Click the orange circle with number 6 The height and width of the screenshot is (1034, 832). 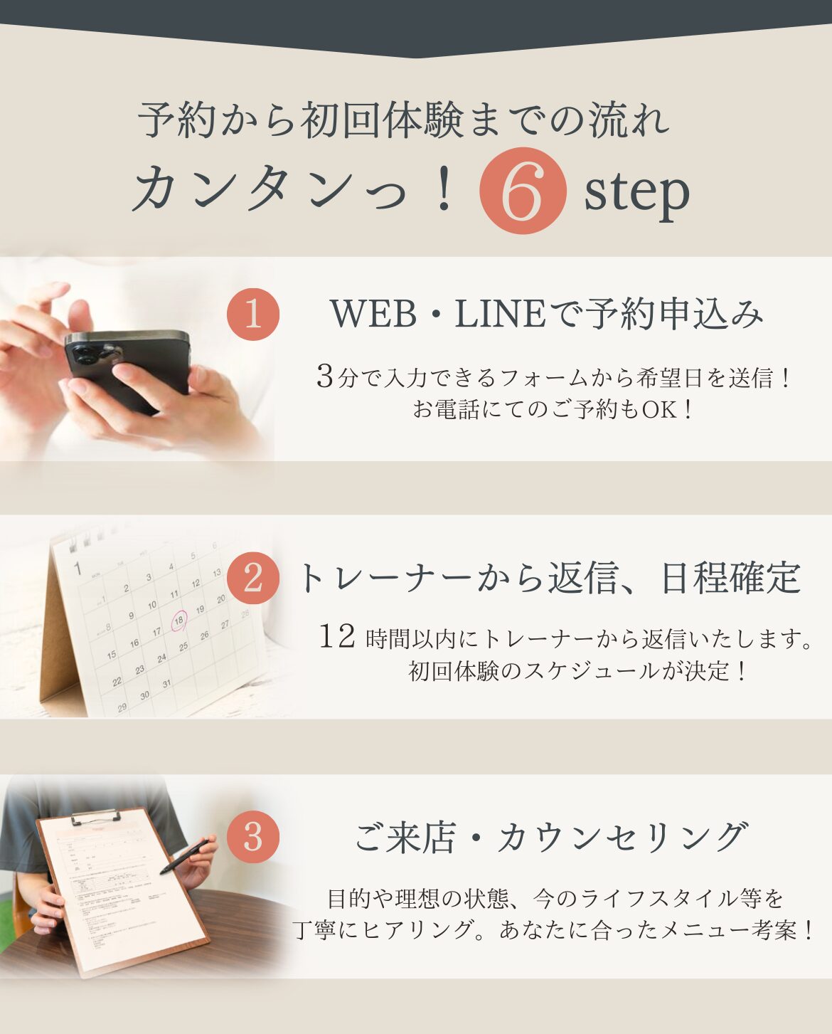coord(523,191)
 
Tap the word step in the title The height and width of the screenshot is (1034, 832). coord(637,194)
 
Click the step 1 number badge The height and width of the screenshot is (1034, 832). coord(253,315)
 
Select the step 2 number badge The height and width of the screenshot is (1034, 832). coord(253,578)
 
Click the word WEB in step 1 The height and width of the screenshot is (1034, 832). coord(373,315)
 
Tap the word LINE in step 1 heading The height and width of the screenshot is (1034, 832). coord(500,315)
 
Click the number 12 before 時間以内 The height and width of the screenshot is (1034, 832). coord(337,637)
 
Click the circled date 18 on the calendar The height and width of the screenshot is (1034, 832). coord(179,621)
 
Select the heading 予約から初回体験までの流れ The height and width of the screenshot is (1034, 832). coord(404,120)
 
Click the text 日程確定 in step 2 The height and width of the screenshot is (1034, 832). coord(731,578)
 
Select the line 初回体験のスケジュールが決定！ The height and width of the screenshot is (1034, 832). coord(577,671)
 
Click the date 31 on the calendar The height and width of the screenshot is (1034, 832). coord(166,684)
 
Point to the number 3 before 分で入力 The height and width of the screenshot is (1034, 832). coord(324,376)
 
